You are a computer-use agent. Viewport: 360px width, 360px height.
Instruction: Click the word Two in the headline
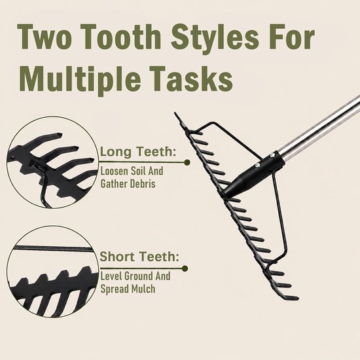43,37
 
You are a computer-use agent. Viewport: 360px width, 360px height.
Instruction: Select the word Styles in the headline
215,38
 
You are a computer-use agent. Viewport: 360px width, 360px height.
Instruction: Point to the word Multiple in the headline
80,79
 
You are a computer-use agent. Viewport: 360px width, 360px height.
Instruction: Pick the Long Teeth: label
138,152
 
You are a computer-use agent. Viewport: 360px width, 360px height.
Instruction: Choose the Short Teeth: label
139,257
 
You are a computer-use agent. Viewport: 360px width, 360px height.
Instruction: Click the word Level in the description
111,276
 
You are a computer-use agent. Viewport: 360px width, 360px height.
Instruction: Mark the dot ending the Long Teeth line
187,163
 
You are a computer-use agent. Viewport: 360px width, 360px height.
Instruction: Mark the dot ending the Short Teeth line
185,268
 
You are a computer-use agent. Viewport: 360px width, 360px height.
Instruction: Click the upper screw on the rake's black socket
272,155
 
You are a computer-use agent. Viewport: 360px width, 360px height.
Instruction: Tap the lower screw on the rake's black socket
258,165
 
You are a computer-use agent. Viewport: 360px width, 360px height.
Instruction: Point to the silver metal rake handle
320,128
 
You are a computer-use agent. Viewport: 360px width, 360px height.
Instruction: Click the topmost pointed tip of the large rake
175,113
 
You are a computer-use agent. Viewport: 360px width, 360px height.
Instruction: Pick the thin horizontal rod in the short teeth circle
53,248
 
